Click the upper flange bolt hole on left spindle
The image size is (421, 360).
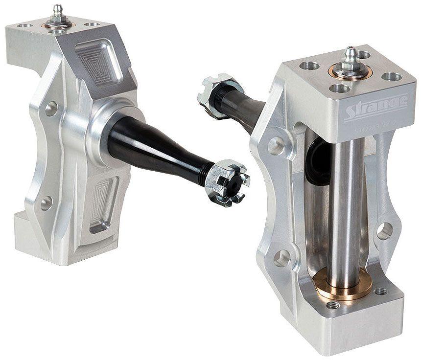pyautogui.click(x=51, y=109)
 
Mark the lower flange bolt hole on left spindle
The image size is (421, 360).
pyautogui.click(x=46, y=203)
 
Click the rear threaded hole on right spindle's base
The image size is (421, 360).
pyautogui.click(x=380, y=292)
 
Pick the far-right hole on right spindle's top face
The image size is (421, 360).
pyautogui.click(x=391, y=76)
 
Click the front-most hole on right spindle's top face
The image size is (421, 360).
pyautogui.click(x=340, y=88)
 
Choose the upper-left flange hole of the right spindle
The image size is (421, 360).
pyautogui.click(x=276, y=146)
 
